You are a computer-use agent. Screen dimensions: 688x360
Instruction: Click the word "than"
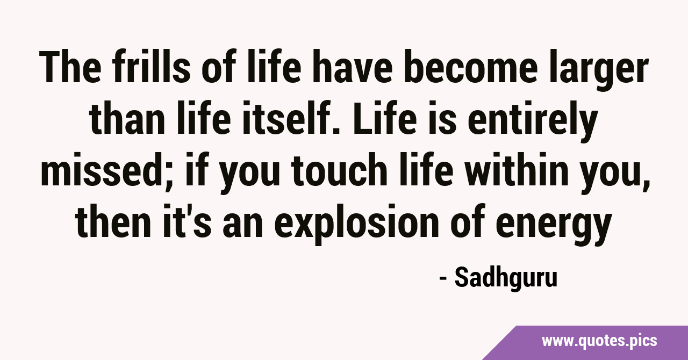click(x=127, y=119)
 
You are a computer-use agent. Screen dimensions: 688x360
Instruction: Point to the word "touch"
click(x=340, y=170)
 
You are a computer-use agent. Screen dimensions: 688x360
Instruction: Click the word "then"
click(x=113, y=221)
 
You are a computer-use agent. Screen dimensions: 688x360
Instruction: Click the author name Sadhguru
click(x=506, y=278)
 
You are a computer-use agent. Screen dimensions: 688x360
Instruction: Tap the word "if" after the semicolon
click(x=195, y=170)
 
